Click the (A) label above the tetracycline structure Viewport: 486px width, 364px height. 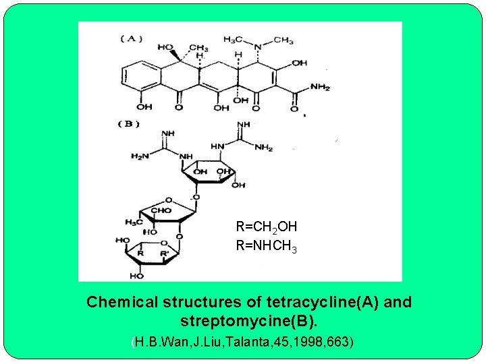click(x=132, y=38)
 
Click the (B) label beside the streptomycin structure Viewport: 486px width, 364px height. click(x=128, y=123)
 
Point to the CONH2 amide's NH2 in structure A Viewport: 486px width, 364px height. click(x=319, y=87)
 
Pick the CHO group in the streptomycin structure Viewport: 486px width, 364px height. click(x=162, y=210)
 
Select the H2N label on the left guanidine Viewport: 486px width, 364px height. click(x=140, y=156)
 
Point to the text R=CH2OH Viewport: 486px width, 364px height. click(x=266, y=228)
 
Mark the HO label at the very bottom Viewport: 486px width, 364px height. click(x=138, y=276)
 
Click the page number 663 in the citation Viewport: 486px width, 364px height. click(x=340, y=342)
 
